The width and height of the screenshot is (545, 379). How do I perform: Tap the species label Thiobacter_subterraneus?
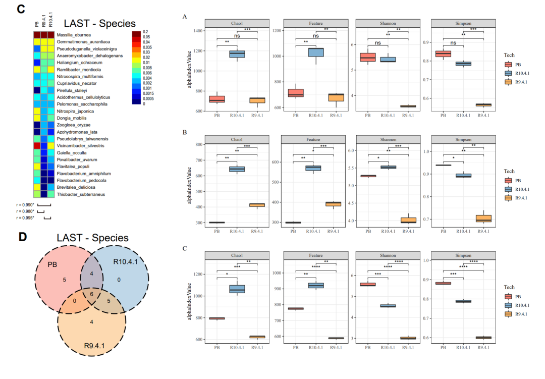tap(81, 194)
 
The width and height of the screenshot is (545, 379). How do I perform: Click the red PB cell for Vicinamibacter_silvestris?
tap(37, 145)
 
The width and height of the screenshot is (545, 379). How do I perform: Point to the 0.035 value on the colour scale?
tap(146, 46)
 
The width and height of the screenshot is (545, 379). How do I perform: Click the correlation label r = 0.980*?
tap(25, 211)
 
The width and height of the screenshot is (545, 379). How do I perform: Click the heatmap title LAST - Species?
tap(99, 23)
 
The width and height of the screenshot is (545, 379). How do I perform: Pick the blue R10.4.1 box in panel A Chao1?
tap(237, 53)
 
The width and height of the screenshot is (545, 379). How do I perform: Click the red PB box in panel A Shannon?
tap(368, 57)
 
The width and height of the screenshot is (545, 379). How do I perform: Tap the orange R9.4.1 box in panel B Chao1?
tap(257, 205)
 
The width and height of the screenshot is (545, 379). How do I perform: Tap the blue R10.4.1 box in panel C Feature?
tap(316, 286)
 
